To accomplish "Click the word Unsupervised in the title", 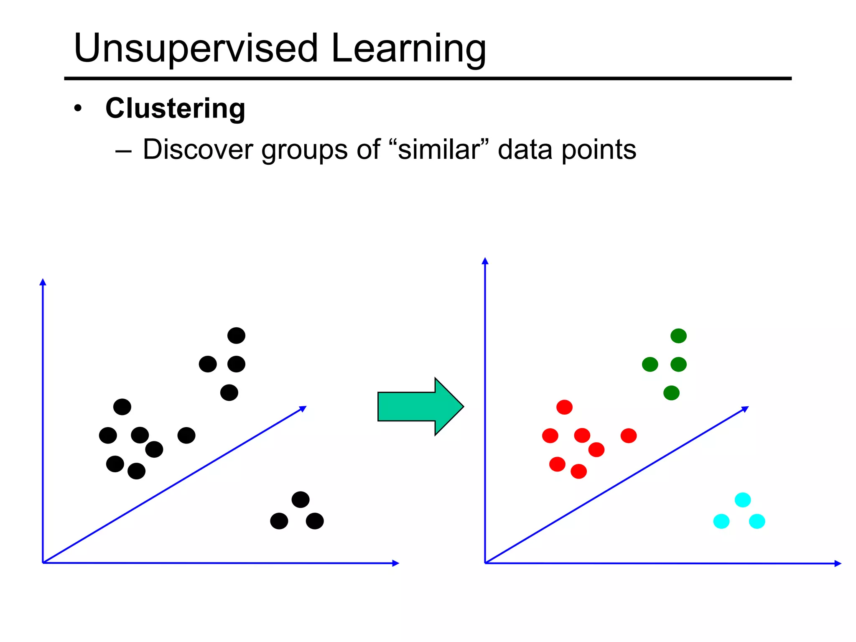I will point(196,48).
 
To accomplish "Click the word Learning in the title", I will point(408,49).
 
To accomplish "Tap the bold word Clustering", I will point(175,109).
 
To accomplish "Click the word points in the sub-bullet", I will point(599,150).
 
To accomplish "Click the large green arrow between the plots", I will point(420,406).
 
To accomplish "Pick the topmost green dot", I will point(678,336).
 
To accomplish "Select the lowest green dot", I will point(671,393).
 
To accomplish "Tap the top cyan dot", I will point(743,500).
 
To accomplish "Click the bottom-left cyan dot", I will point(721,521).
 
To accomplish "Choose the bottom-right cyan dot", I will point(757,521).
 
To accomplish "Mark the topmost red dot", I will point(564,407).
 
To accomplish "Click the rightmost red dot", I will point(629,436).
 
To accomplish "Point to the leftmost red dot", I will point(550,436).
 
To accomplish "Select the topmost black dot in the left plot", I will point(236,336).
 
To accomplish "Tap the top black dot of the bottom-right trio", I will point(301,499).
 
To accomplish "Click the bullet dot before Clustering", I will point(78,109).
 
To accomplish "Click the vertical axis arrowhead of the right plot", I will point(485,261).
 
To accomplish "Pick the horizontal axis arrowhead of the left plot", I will point(396,563).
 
